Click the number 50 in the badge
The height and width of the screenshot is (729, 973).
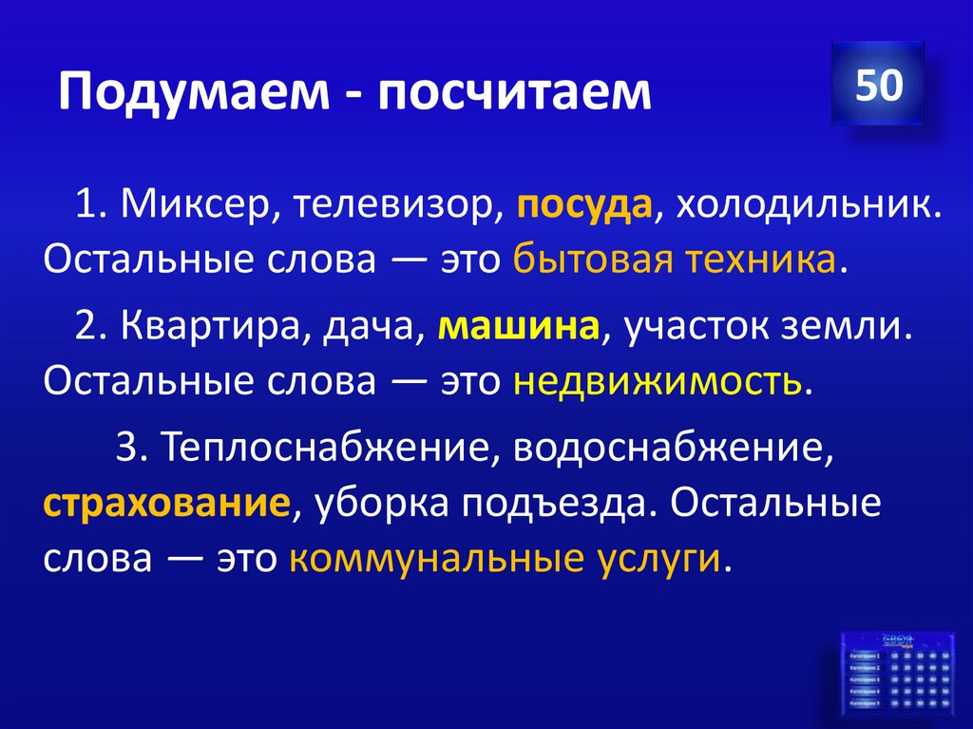(x=877, y=85)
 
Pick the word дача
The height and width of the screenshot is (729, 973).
(x=375, y=329)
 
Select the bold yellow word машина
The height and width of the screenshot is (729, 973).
(x=519, y=329)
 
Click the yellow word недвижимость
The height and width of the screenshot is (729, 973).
(x=658, y=381)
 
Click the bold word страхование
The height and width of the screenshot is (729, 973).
(x=165, y=503)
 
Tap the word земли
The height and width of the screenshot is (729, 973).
(x=862, y=329)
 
